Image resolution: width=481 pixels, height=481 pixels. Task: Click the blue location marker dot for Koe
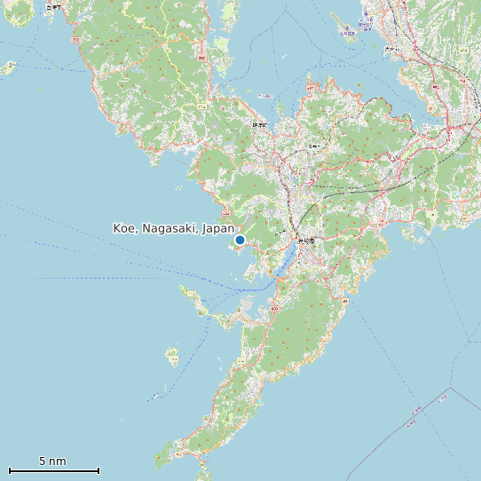240,240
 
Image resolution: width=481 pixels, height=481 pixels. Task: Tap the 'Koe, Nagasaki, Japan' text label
174,228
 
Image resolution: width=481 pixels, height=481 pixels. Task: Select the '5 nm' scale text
52,461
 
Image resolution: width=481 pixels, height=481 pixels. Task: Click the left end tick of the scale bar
9,470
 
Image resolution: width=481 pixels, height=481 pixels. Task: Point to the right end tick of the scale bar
99,470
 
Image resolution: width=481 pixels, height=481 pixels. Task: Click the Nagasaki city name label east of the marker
306,240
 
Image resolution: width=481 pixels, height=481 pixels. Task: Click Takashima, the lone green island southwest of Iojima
171,358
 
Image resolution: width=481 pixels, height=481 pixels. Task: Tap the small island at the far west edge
10,67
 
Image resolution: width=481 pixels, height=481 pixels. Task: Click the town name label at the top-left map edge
55,7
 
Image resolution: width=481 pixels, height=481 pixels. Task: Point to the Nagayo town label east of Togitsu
313,146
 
